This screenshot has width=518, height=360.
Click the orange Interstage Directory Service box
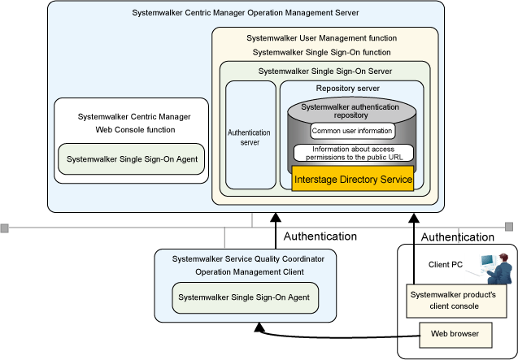tap(353, 179)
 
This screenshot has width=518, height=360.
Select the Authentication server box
tap(250, 135)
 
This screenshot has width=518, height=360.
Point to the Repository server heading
tap(352, 88)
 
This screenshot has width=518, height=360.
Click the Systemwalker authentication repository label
tap(352, 111)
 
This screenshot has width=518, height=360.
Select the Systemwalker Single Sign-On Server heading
tap(324, 71)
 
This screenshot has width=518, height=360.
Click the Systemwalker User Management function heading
tap(324, 37)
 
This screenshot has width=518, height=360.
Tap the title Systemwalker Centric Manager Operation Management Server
tap(245, 14)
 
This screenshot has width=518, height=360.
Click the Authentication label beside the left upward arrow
tap(320, 236)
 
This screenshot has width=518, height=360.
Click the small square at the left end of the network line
tap(4, 227)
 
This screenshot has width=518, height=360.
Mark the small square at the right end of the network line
tap(510, 226)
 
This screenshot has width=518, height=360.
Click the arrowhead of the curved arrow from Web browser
tap(259, 327)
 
